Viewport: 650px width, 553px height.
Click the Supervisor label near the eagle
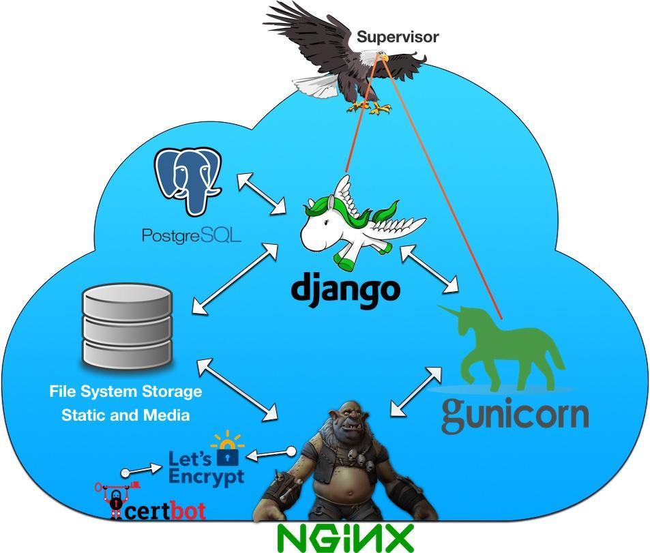click(x=398, y=37)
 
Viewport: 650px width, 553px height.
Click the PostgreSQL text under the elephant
click(x=191, y=235)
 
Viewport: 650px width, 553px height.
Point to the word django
click(x=344, y=286)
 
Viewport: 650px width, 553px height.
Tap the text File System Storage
click(x=125, y=392)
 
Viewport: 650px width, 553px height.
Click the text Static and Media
click(x=125, y=415)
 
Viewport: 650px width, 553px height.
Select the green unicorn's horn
click(x=451, y=312)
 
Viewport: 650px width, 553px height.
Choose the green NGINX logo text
click(x=344, y=538)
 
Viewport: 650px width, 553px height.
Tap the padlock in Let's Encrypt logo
click(x=227, y=455)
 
